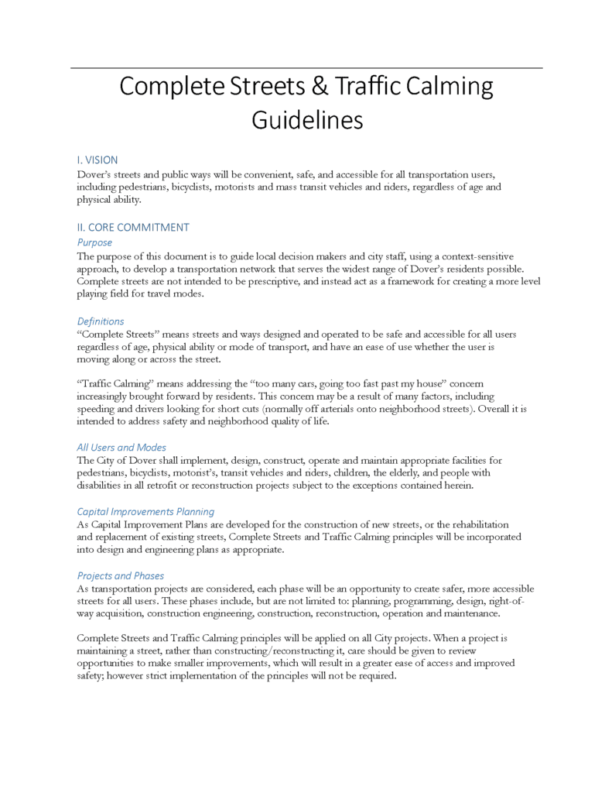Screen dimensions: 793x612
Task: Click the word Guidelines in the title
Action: click(x=307, y=121)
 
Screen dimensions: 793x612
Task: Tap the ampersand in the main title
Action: click(x=318, y=87)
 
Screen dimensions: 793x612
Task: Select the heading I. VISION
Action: click(x=97, y=160)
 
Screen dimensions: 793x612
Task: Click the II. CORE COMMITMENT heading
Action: click(x=133, y=228)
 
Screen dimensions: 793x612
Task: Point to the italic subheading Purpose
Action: click(x=94, y=242)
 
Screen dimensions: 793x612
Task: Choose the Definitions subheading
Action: click(x=101, y=321)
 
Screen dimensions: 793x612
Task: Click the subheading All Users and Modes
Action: click(x=121, y=447)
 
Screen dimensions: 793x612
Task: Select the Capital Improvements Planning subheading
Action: click(x=145, y=511)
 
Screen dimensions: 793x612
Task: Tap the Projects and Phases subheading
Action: click(x=121, y=575)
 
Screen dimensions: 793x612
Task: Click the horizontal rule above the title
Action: click(x=306, y=68)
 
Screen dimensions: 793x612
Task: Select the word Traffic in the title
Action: click(x=368, y=87)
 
